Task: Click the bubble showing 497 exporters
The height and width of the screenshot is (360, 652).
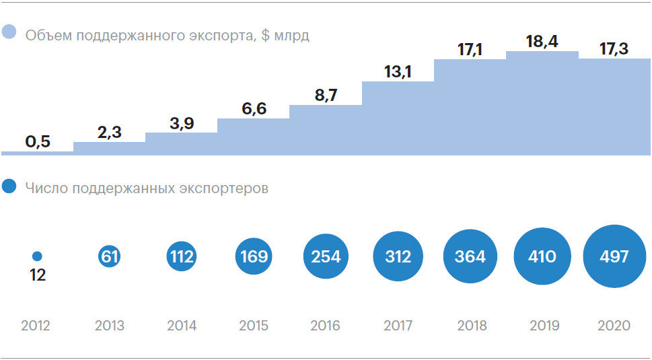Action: [614, 256]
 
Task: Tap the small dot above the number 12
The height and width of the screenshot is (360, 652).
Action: [37, 256]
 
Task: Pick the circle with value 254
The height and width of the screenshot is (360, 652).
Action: [326, 256]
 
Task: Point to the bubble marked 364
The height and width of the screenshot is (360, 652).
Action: [470, 256]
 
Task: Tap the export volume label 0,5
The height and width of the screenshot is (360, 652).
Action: [38, 142]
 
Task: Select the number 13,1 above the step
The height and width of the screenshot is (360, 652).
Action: [398, 72]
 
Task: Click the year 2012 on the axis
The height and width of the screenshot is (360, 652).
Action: [36, 326]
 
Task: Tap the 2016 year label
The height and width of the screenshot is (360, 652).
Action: [326, 326]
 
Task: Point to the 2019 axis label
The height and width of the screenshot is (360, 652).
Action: [543, 326]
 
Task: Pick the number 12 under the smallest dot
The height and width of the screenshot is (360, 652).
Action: [38, 275]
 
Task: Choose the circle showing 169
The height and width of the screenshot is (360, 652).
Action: [254, 256]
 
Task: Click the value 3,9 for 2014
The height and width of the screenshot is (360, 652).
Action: [182, 123]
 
